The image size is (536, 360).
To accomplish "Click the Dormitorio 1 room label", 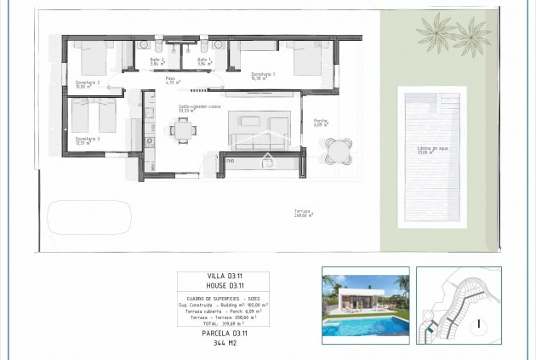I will (x=263, y=74).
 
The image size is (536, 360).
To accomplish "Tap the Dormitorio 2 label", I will (x=87, y=83).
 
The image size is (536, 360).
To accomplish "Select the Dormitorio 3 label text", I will (x=87, y=140).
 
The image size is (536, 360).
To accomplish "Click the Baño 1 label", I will (x=203, y=60).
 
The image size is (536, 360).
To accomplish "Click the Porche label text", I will (x=321, y=122).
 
